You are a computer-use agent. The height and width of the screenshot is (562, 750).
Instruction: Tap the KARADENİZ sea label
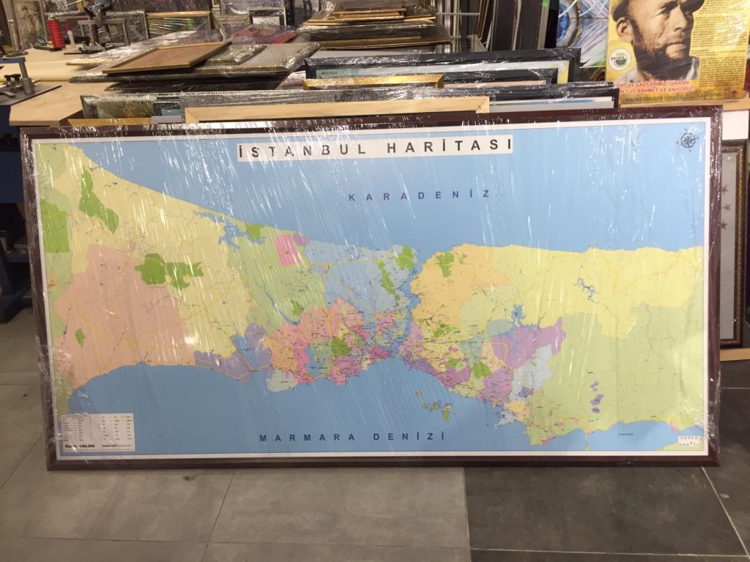point(419,195)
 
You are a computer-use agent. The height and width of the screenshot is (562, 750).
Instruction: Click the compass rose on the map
point(687,139)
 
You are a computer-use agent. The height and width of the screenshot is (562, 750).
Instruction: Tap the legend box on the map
point(97,432)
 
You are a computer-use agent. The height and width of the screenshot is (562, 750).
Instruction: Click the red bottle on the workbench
point(56,33)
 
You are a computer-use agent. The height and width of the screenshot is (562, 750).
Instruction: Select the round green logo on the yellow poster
point(620,59)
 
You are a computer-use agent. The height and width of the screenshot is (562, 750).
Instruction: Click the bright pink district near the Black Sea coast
point(287,250)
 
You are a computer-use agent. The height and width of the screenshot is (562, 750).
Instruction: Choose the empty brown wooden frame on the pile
point(166,57)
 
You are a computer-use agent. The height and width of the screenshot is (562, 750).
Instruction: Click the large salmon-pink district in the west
point(117,307)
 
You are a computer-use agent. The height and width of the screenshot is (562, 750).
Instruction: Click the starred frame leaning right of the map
point(732,241)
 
